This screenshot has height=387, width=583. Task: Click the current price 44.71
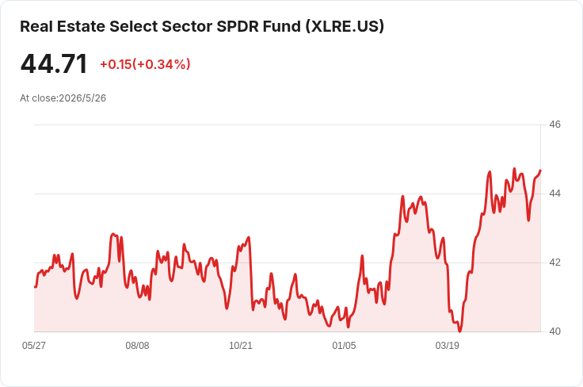point(54,64)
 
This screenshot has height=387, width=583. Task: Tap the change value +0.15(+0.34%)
point(145,64)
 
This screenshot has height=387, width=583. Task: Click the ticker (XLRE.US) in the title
point(345,26)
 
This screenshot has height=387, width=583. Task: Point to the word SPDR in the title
point(238,26)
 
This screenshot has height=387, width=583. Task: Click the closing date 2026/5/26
point(82,98)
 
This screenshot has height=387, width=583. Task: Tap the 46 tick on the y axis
point(554,125)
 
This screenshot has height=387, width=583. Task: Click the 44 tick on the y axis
point(554,193)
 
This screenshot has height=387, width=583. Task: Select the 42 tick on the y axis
point(554,262)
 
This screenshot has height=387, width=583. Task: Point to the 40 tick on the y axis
point(554,331)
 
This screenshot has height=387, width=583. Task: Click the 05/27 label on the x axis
point(34,346)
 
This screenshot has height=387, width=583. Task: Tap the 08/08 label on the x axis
point(137,346)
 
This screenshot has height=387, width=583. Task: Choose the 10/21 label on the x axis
point(241,346)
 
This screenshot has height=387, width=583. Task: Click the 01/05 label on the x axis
point(344,346)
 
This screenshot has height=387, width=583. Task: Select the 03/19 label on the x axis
point(448,346)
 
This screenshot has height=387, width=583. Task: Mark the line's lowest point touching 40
point(460,331)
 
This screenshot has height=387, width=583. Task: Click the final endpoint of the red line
point(540,171)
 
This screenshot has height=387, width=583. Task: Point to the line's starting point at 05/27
point(35,287)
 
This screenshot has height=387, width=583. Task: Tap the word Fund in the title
point(282,26)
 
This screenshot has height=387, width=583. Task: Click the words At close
point(39,98)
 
